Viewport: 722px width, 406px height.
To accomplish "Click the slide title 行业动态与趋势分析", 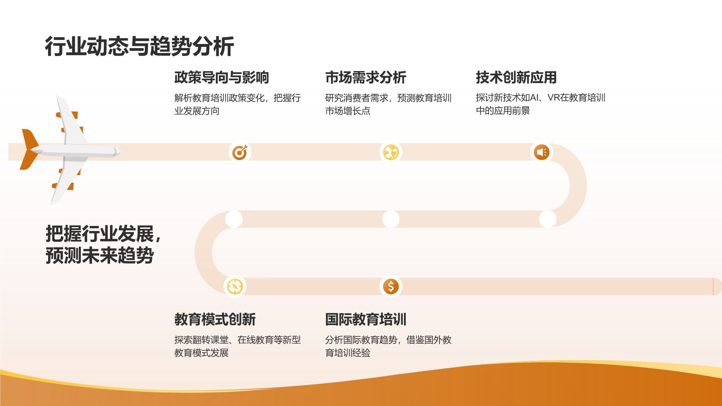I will pyautogui.click(x=139, y=47).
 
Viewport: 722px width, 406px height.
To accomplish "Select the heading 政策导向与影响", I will pyautogui.click(x=221, y=77).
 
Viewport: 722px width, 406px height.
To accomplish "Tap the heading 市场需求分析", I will pyautogui.click(x=366, y=77).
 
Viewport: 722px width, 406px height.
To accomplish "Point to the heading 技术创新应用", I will pyautogui.click(x=516, y=77).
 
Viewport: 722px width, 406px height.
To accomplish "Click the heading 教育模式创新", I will pyautogui.click(x=215, y=320).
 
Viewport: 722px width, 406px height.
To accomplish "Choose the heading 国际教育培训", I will pyautogui.click(x=366, y=320).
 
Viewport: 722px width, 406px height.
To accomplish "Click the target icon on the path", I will pyautogui.click(x=240, y=152).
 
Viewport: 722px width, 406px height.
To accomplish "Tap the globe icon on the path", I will pyautogui.click(x=391, y=152).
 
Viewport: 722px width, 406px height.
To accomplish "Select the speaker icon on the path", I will pyautogui.click(x=541, y=152).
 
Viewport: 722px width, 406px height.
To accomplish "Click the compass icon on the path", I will pyautogui.click(x=235, y=287).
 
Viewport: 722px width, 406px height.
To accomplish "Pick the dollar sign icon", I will pyautogui.click(x=391, y=287).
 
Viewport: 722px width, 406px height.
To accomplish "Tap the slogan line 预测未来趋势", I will pyautogui.click(x=100, y=256).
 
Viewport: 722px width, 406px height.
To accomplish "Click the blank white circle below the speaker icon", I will pyautogui.click(x=547, y=219).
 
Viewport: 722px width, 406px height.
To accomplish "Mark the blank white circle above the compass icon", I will pyautogui.click(x=234, y=219).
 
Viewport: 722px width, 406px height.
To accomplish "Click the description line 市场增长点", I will pyautogui.click(x=347, y=111).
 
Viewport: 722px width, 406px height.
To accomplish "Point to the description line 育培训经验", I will pyautogui.click(x=347, y=353).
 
